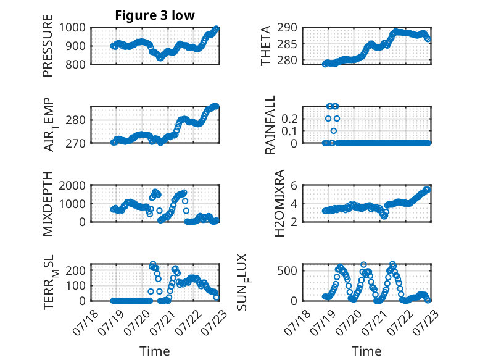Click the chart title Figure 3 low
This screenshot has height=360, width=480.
155,15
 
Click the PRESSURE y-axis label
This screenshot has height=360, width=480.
48,46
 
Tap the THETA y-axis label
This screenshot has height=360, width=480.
266,46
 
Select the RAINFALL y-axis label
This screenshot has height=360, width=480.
270,125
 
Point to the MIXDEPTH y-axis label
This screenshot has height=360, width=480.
48,204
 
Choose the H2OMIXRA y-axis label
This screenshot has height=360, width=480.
279,203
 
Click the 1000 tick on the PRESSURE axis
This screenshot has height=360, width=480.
72,28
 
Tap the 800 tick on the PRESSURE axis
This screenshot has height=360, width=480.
75,64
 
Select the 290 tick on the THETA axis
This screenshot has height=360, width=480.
287,28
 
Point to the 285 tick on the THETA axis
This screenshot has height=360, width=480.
287,44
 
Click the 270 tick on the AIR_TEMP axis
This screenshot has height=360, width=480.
75,143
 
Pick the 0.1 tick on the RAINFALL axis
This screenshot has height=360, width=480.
289,131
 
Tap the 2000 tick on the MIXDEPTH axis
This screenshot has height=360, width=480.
72,185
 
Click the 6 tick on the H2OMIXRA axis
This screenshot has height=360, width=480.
294,185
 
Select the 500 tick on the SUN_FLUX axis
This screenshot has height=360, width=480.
287,270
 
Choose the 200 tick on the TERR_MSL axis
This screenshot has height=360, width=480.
75,270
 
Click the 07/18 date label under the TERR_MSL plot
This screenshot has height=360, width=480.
86,322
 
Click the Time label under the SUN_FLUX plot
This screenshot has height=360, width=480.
366,351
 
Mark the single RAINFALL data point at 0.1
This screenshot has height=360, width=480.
334,131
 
